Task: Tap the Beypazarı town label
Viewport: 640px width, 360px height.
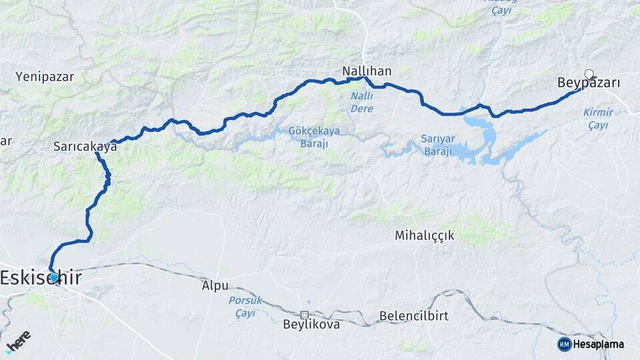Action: click(589, 83)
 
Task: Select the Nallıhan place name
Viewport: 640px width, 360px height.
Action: click(366, 70)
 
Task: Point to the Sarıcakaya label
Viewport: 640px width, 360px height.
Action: click(85, 147)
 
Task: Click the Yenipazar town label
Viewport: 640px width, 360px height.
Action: click(45, 77)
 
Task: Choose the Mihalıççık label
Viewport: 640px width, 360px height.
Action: click(424, 235)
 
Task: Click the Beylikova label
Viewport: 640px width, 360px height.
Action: click(311, 325)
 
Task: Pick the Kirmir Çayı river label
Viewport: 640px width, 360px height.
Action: click(598, 118)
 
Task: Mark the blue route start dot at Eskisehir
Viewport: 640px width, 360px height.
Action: click(54, 277)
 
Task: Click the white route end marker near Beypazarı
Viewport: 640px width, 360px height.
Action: click(589, 74)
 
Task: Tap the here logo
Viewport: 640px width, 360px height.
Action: click(18, 340)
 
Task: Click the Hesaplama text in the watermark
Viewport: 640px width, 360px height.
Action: click(599, 344)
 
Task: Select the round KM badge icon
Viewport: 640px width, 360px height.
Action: click(564, 344)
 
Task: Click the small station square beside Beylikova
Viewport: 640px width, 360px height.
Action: click(304, 314)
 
